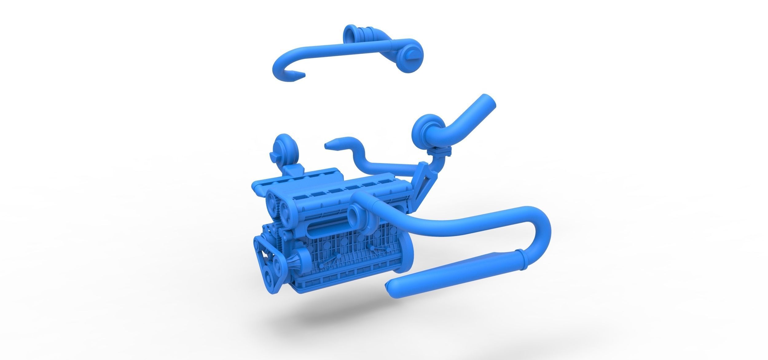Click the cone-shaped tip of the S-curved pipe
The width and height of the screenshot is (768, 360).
pyautogui.click(x=330, y=145)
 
